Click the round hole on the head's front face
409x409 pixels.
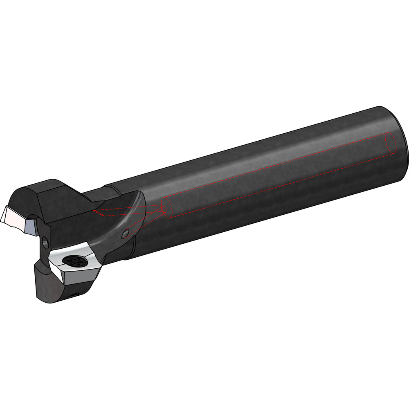[44, 243]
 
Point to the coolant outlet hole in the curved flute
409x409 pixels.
[125, 234]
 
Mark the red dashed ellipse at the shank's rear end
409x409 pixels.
[391, 144]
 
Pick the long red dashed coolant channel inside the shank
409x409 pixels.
[278, 172]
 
